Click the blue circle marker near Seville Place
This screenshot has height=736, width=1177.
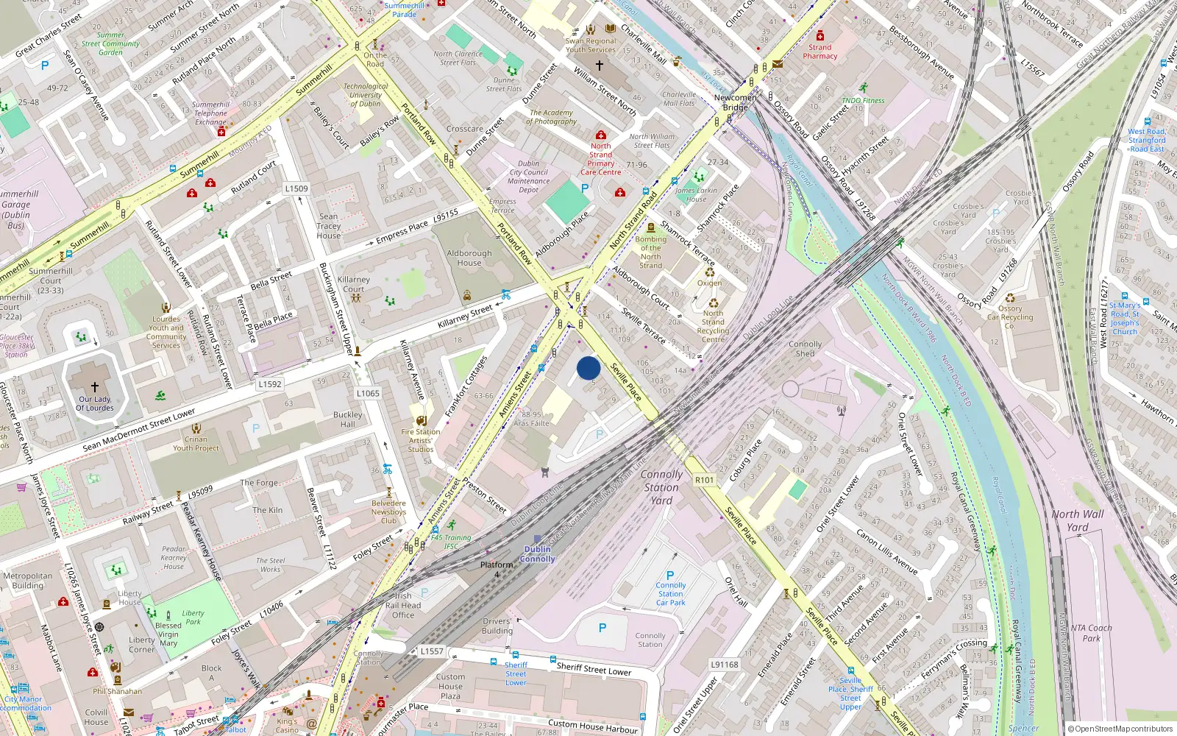tap(588, 368)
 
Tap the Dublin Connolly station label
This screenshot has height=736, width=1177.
tap(538, 554)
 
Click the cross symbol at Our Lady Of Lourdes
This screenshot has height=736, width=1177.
tap(95, 386)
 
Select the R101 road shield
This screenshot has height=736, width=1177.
tap(704, 480)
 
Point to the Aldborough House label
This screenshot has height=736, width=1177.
tap(469, 258)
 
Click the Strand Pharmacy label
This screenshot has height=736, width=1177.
tap(819, 52)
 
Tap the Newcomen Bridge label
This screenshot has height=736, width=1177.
tap(735, 102)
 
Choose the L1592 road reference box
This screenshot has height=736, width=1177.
tap(270, 384)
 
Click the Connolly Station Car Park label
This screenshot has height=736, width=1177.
tap(670, 594)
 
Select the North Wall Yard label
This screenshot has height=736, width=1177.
tap(1078, 520)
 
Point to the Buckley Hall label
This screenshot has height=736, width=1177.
tap(347, 420)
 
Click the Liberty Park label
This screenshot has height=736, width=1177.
tap(193, 617)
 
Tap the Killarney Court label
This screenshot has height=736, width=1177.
tap(354, 284)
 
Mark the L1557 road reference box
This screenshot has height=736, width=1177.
tap(432, 651)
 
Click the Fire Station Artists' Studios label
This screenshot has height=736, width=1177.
tap(421, 440)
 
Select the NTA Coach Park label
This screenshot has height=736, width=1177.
tap(1091, 633)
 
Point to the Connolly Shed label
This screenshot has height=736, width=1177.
tap(805, 349)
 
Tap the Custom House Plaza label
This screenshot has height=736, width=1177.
tap(450, 686)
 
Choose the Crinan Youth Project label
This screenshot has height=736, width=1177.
tap(196, 443)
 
